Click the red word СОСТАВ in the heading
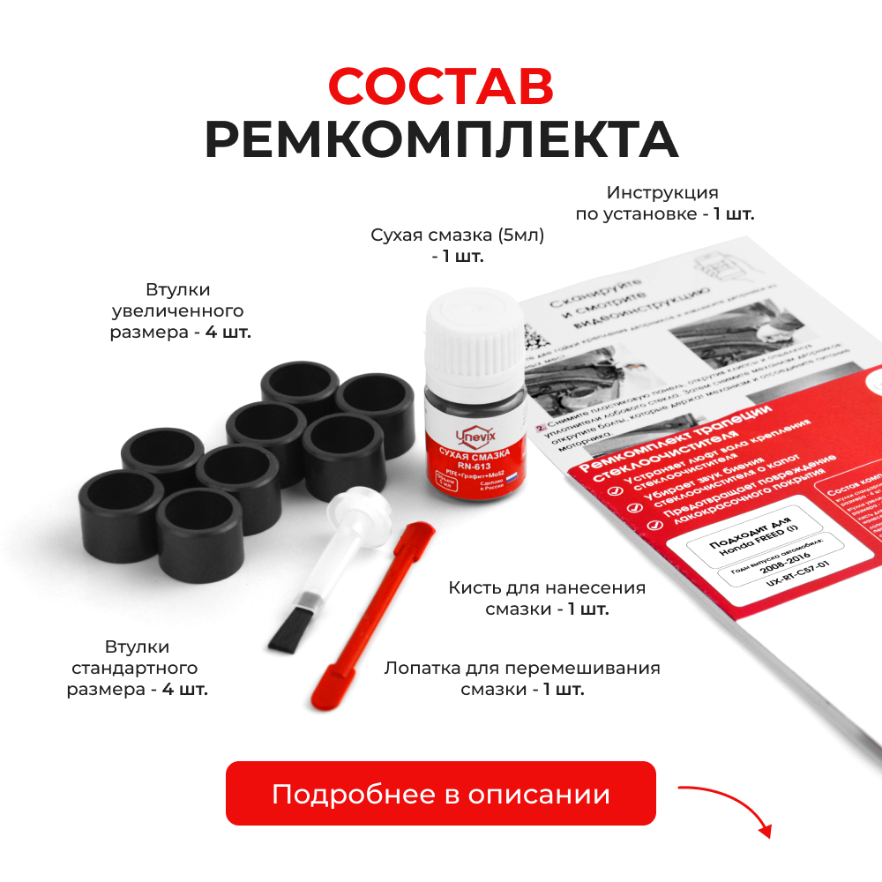[441, 86]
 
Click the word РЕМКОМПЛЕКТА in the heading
[441, 140]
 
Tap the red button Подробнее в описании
[441, 794]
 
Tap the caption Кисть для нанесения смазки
[547, 598]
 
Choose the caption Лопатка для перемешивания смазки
[522, 677]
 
